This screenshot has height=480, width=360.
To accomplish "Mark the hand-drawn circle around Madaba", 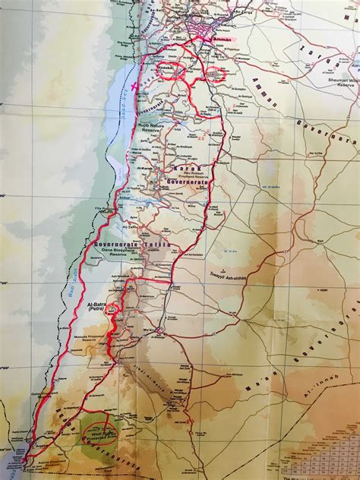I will point(172,70).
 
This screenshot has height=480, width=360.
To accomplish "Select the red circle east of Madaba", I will point(216,74).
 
